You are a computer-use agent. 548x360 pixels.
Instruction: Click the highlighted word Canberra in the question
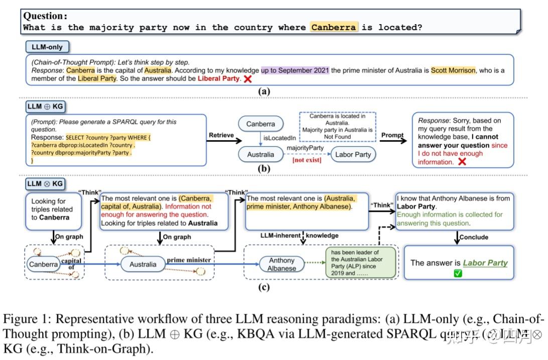pyautogui.click(x=333, y=27)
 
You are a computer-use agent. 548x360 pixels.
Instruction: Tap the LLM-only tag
pyautogui.click(x=48, y=47)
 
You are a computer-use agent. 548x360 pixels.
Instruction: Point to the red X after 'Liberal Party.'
pyautogui.click(x=247, y=79)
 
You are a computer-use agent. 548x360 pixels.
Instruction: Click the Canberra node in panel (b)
pyautogui.click(x=260, y=124)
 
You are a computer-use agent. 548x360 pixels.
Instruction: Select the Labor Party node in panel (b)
pyautogui.click(x=353, y=154)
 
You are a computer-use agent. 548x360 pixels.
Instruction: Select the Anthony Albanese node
pyautogui.click(x=282, y=264)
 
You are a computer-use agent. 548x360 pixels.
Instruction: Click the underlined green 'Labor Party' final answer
pyautogui.click(x=485, y=263)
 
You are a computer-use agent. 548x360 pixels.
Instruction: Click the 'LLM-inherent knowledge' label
pyautogui.click(x=299, y=235)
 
